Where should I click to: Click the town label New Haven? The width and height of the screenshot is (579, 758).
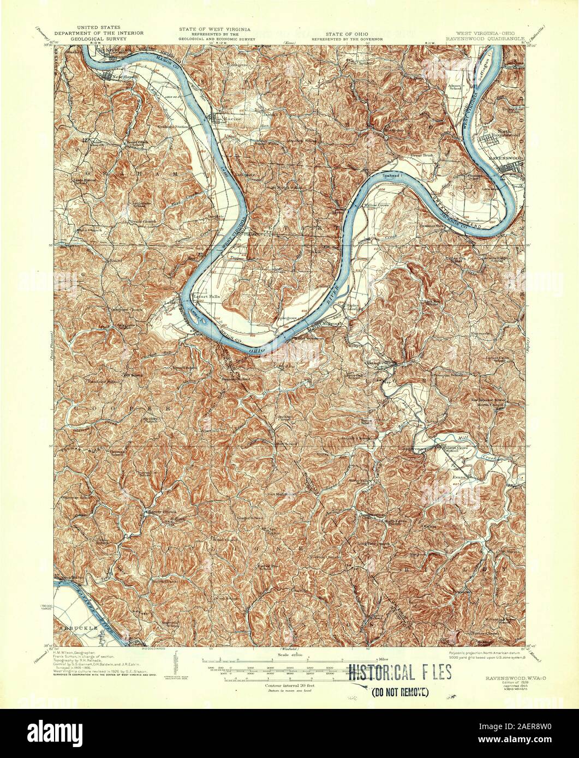[123, 77]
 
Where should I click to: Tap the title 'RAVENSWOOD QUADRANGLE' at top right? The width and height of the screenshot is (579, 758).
[485, 39]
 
